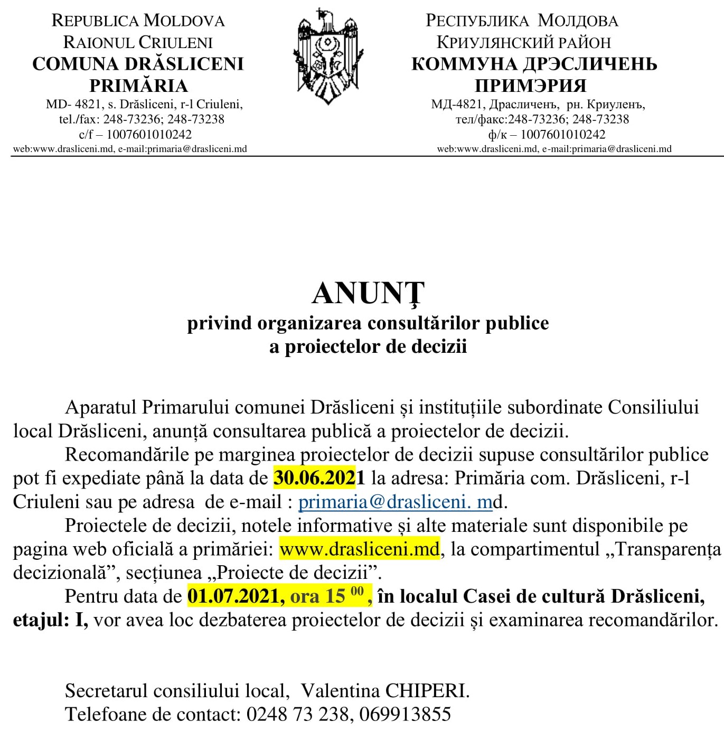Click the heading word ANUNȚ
368,293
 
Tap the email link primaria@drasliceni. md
395,501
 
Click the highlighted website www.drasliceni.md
359,549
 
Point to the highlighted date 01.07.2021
233,596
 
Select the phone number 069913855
405,714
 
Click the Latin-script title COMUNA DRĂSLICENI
138,64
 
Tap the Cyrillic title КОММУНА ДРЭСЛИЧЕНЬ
534,64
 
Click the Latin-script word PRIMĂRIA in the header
138,86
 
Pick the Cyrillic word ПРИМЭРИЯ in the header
530,86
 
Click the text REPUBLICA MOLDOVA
138,21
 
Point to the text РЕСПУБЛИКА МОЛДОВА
522,21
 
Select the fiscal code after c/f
149,134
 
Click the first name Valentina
340,690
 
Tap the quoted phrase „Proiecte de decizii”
296,572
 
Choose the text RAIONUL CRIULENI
138,42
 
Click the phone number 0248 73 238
297,714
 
